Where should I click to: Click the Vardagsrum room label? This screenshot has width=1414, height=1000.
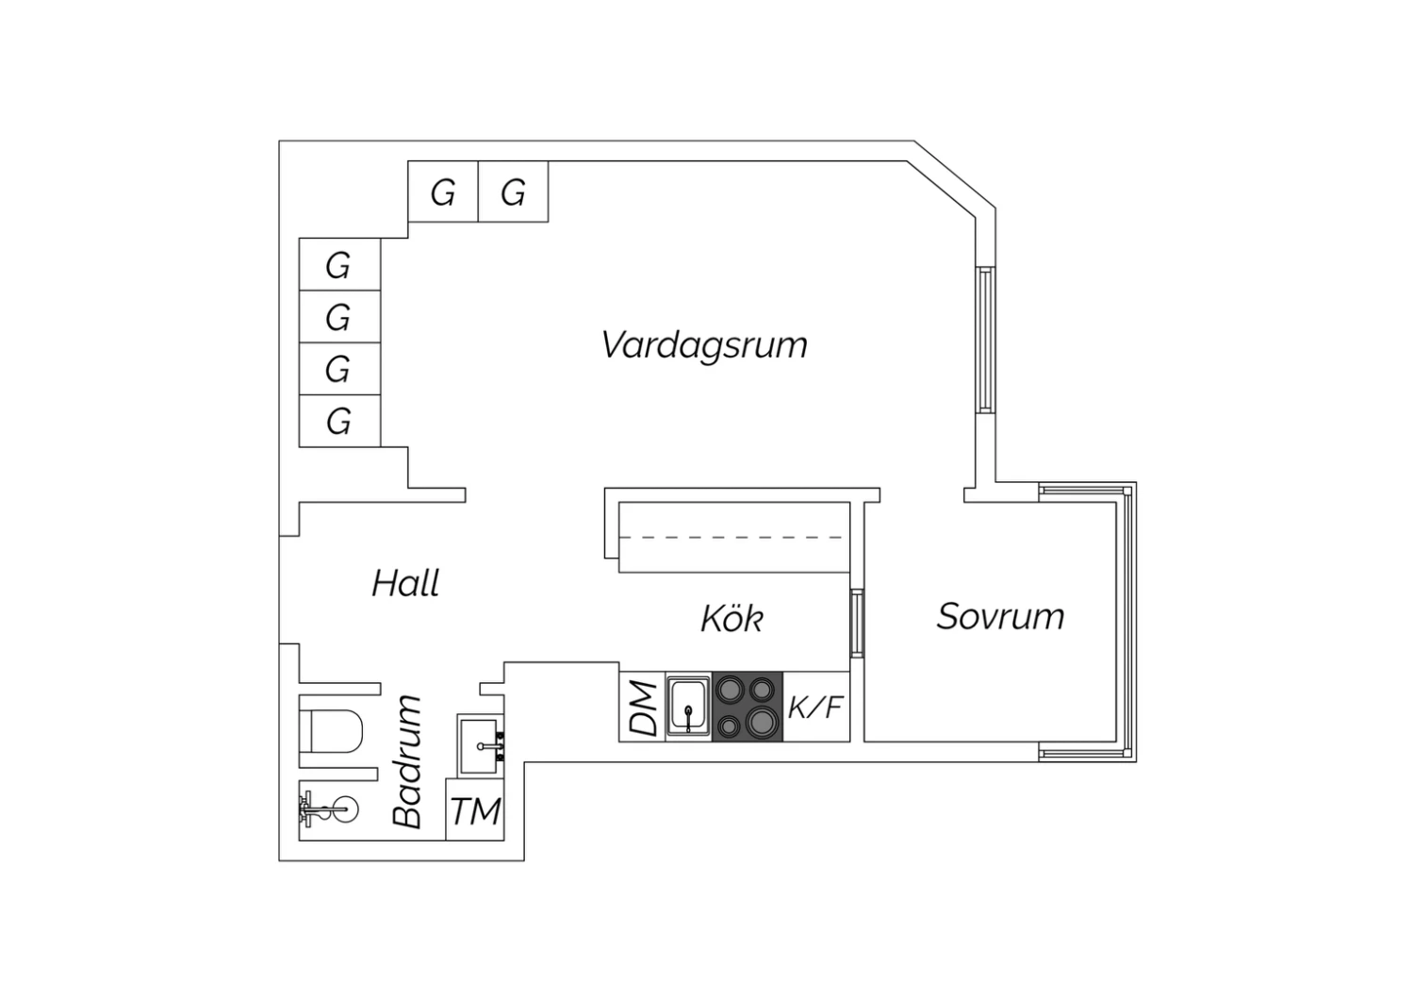pos(704,345)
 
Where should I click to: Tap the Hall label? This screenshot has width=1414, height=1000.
pos(405,582)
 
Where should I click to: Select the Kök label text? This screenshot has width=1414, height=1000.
pos(732,618)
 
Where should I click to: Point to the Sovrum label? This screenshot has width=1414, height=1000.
pos(1000,616)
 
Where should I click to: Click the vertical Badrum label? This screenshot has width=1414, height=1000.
pos(407,761)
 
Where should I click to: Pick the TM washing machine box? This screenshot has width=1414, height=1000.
pos(475,809)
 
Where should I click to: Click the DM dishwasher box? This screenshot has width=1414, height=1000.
pos(642,707)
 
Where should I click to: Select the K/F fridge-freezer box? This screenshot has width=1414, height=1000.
pos(816,707)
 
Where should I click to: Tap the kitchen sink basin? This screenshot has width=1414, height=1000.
pos(689,707)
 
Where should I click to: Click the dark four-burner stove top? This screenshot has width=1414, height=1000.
pos(748,707)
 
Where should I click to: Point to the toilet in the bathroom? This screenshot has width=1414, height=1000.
pos(332,731)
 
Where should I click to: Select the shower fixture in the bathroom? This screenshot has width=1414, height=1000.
pos(328,809)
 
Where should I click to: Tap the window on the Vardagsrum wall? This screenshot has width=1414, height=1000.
pos(986,340)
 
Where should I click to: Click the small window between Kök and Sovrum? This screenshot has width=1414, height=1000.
pos(857,623)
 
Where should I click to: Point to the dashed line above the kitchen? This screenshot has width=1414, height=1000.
pos(731,538)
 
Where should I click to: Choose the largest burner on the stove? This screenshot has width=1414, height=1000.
pos(762,722)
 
